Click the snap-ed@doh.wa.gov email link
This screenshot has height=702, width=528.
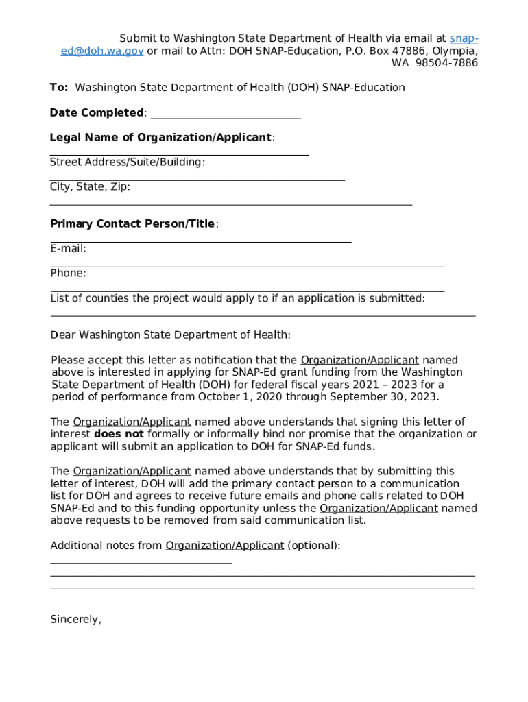(x=96, y=51)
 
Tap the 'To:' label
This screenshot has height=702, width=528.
(x=58, y=88)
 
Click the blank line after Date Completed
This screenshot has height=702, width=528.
(x=225, y=114)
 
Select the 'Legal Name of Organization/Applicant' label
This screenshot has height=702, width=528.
(x=160, y=137)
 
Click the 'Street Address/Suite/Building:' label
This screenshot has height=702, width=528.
(x=128, y=162)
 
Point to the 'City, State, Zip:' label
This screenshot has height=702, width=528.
(x=90, y=186)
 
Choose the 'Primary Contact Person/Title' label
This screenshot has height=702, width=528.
(x=132, y=224)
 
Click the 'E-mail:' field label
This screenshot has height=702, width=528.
(x=68, y=249)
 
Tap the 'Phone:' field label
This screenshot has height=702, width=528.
(x=68, y=274)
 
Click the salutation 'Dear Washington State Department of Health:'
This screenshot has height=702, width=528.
(x=171, y=335)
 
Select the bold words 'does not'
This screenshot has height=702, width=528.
(x=119, y=434)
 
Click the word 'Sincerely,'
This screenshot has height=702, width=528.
(x=75, y=620)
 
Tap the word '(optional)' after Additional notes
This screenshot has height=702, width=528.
(x=313, y=546)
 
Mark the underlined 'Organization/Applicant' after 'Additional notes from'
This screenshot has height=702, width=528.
(x=224, y=546)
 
